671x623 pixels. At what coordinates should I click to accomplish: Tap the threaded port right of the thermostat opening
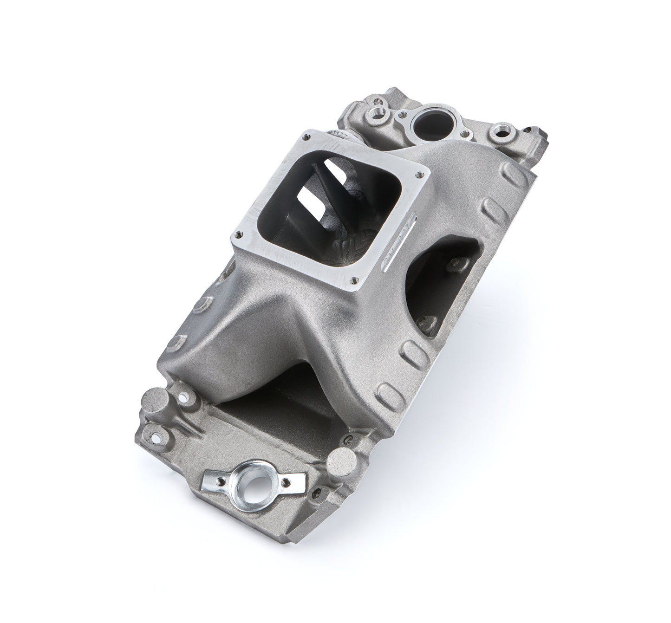(501, 128)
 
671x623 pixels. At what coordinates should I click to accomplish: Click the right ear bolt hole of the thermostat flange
(463, 134)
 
